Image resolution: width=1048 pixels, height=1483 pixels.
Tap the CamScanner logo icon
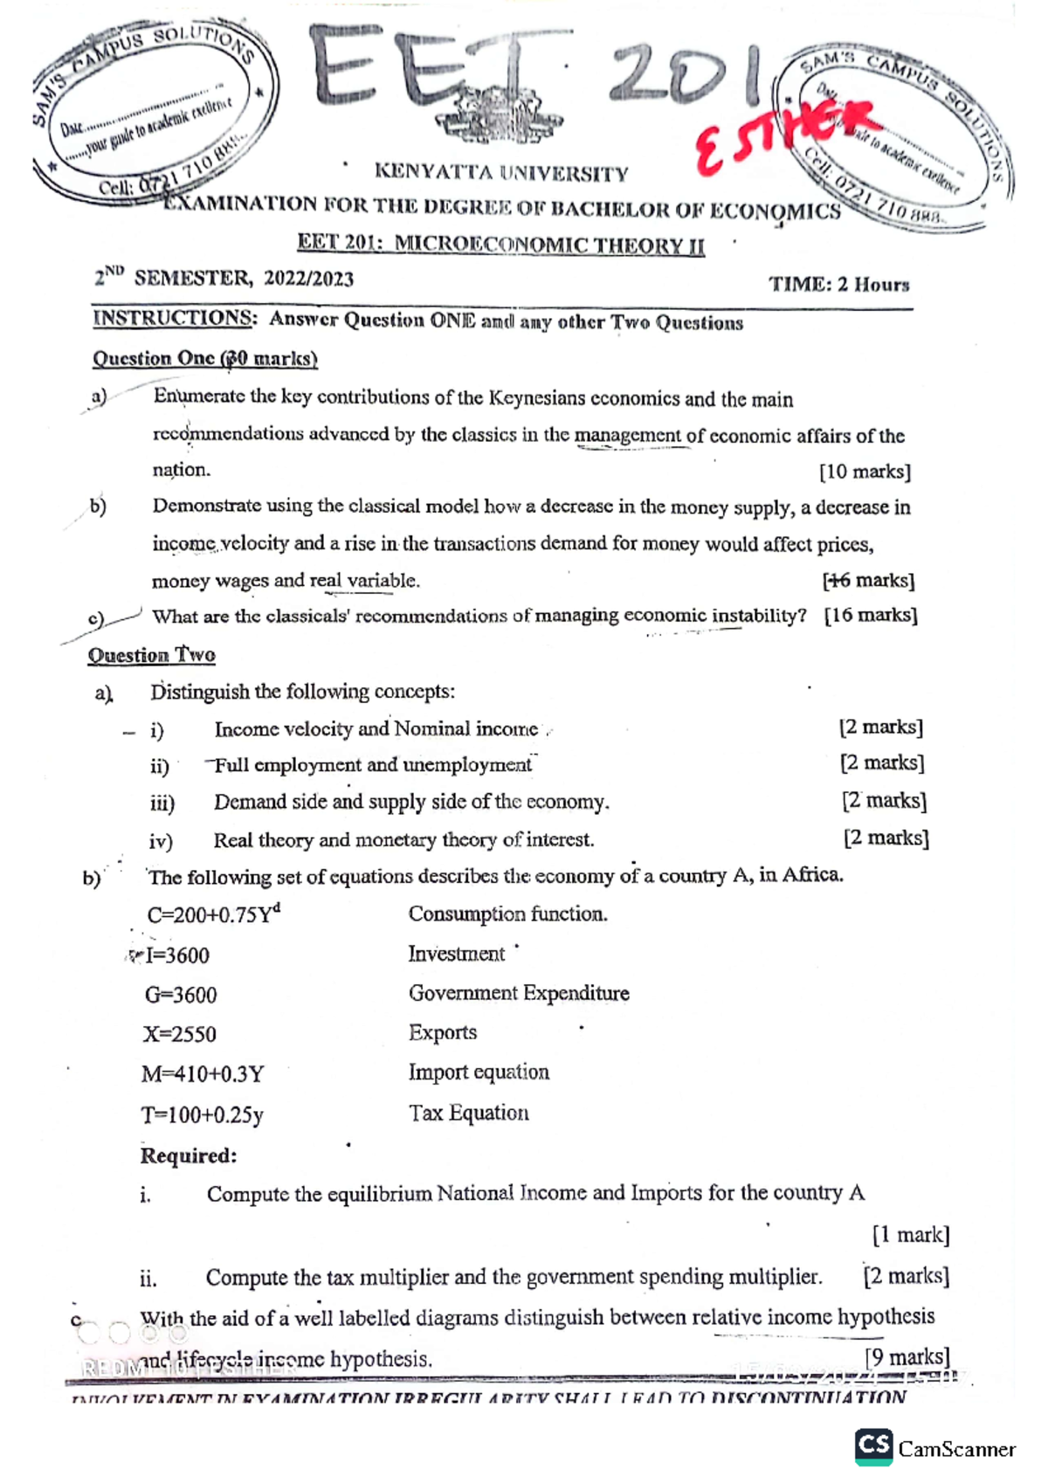pyautogui.click(x=872, y=1446)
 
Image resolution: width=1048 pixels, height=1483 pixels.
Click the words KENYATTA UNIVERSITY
pyautogui.click(x=501, y=173)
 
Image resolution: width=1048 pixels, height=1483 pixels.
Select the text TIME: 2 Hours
pyautogui.click(x=838, y=285)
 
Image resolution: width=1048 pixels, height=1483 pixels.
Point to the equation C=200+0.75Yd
pyautogui.click(x=213, y=914)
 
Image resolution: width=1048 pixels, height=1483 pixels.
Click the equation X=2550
pyautogui.click(x=180, y=1034)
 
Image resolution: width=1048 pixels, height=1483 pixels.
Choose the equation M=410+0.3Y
pyautogui.click(x=203, y=1073)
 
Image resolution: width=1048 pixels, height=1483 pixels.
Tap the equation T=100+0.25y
pyautogui.click(x=202, y=1115)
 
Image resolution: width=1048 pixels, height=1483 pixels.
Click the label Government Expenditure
pyautogui.click(x=519, y=993)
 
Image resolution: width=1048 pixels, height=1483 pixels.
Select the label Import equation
pyautogui.click(x=479, y=1072)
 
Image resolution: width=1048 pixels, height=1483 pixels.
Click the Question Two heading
pyautogui.click(x=152, y=655)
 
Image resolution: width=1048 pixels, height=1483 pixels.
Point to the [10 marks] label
pyautogui.click(x=865, y=472)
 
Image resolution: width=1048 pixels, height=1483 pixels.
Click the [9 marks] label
pyautogui.click(x=907, y=1356)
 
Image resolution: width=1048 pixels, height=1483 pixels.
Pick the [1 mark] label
pyautogui.click(x=910, y=1235)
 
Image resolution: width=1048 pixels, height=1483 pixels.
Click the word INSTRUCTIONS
pyautogui.click(x=174, y=318)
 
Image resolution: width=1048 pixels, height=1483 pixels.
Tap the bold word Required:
pyautogui.click(x=189, y=1155)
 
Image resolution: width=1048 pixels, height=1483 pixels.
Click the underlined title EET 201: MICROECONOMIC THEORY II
pyautogui.click(x=500, y=244)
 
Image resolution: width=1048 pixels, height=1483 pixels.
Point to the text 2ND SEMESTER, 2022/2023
pyautogui.click(x=224, y=279)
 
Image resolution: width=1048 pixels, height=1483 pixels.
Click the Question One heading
pyautogui.click(x=204, y=358)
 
